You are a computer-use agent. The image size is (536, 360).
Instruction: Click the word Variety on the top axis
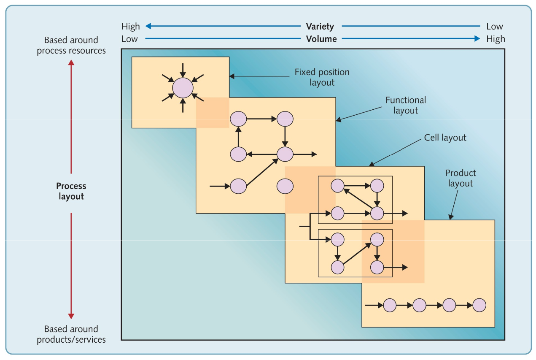[x=320, y=26]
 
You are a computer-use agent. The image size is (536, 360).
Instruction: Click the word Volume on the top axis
[x=321, y=39]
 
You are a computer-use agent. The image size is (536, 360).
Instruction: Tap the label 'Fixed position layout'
[x=322, y=77]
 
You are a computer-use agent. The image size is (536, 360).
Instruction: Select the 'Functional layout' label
[x=406, y=105]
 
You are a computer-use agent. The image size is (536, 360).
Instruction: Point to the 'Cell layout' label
[x=445, y=138]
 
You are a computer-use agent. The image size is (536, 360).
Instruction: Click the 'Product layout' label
[x=461, y=178]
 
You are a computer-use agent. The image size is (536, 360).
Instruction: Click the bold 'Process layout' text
[x=71, y=191]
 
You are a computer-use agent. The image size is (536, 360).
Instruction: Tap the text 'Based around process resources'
[x=71, y=45]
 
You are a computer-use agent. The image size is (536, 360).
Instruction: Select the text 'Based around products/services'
[x=71, y=334]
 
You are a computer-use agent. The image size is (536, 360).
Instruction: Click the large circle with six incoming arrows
[x=183, y=88]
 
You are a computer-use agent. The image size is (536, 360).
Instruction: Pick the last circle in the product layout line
[x=479, y=305]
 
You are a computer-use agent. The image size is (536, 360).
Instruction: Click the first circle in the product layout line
[x=390, y=305]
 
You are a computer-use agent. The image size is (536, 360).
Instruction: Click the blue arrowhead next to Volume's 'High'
[x=477, y=38]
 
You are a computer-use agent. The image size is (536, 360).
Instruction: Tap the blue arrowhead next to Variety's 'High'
[x=148, y=26]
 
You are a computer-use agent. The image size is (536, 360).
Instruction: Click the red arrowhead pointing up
[x=71, y=62]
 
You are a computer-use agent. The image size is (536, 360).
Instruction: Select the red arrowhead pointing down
[x=71, y=316]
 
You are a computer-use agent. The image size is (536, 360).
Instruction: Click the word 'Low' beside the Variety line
[x=495, y=26]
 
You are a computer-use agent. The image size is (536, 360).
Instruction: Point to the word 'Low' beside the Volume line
[x=129, y=39]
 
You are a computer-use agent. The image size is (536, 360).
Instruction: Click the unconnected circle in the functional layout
[x=285, y=186]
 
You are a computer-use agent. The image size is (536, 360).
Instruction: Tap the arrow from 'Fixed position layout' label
[x=259, y=76]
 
